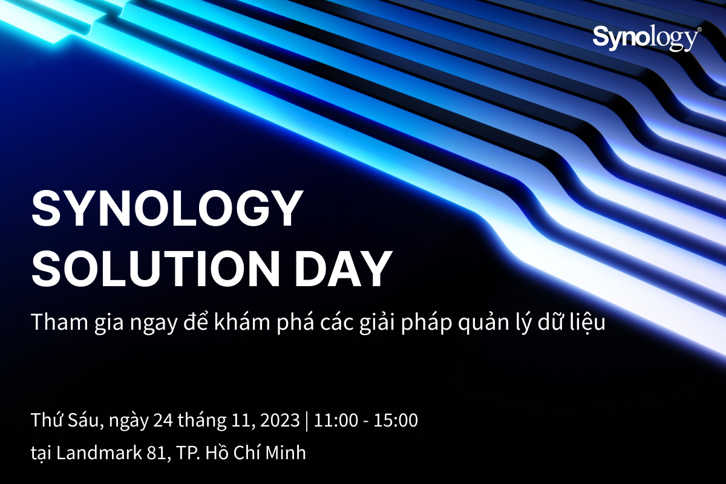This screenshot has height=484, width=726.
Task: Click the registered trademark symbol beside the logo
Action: (x=699, y=29)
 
